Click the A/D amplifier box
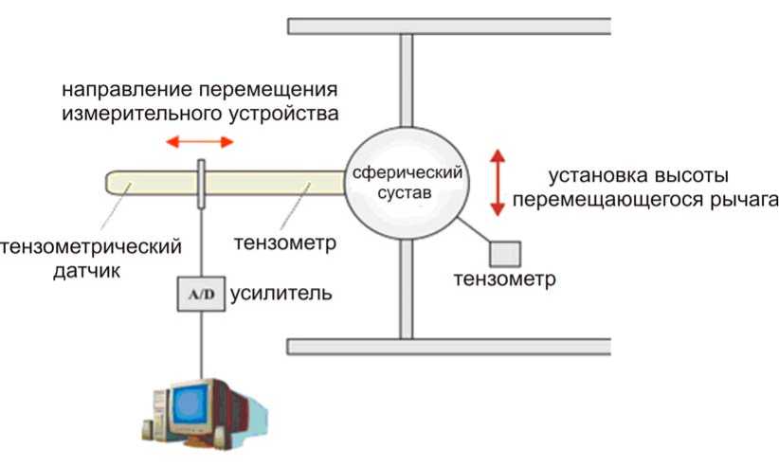[x=203, y=295]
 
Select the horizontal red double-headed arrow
[x=199, y=142]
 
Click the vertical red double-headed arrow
[x=496, y=181]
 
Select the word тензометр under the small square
[x=504, y=280]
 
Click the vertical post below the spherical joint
[x=406, y=288]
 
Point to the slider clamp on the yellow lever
[x=203, y=183]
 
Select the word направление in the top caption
[x=117, y=92]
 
